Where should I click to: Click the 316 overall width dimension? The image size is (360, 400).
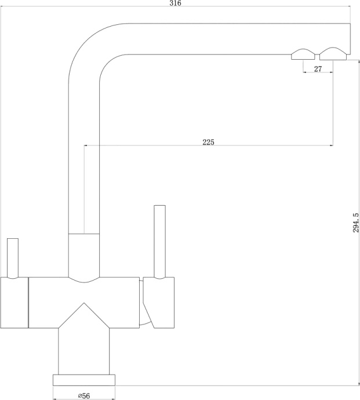pyautogui.click(x=175, y=3)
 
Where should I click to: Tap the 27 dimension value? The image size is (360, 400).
pyautogui.click(x=318, y=69)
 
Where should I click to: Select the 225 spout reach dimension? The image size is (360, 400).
pyautogui.click(x=209, y=142)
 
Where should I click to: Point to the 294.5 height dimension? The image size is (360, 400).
pyautogui.click(x=356, y=223)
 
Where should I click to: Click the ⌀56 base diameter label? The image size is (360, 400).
pyautogui.click(x=84, y=396)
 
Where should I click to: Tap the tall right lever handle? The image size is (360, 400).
pyautogui.click(x=160, y=242)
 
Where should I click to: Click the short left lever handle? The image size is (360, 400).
pyautogui.click(x=13, y=259)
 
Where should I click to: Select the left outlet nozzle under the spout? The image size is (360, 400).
pyautogui.click(x=303, y=54)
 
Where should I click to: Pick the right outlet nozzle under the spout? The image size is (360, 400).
pyautogui.click(x=333, y=54)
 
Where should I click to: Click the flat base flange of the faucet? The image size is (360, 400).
pyautogui.click(x=84, y=380)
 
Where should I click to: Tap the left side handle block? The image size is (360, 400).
pyautogui.click(x=14, y=303)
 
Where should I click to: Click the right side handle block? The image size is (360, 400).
pyautogui.click(x=159, y=303)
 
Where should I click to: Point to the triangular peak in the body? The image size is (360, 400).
pyautogui.click(x=84, y=303)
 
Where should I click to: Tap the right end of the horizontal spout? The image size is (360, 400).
pyautogui.click(x=350, y=39)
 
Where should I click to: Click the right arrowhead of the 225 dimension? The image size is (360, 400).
pyautogui.click(x=331, y=146)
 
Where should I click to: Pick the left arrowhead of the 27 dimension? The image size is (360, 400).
pyautogui.click(x=305, y=72)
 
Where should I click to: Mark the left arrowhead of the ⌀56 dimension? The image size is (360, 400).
pyautogui.click(x=55, y=399)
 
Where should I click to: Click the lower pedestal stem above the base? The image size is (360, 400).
pyautogui.click(x=84, y=351)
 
